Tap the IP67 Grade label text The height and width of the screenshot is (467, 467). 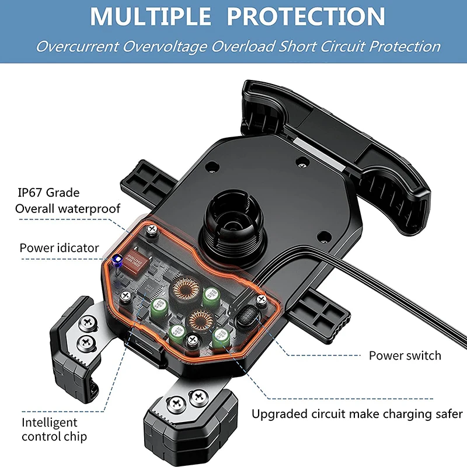pyautogui.click(x=48, y=193)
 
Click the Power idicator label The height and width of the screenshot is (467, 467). pyautogui.click(x=60, y=248)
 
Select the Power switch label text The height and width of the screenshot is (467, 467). pyautogui.click(x=405, y=355)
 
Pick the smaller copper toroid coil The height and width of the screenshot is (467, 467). pyautogui.click(x=201, y=319)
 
